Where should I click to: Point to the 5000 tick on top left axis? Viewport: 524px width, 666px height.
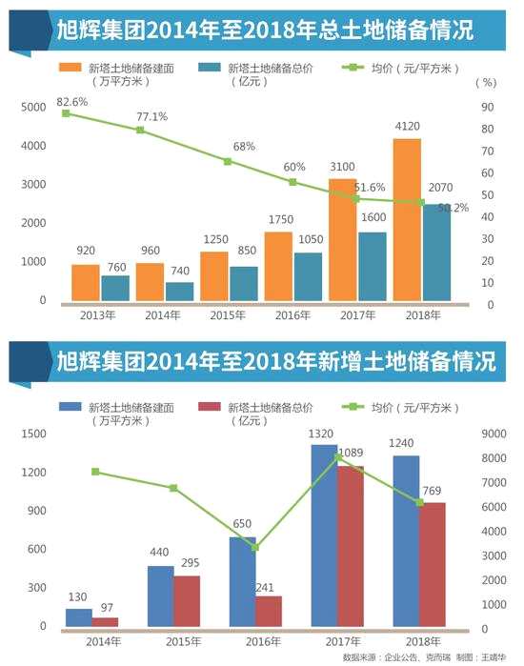pos(32,107)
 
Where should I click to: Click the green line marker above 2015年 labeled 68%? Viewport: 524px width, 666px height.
pos(228,162)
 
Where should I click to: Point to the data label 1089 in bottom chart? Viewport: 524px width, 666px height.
pos(353,452)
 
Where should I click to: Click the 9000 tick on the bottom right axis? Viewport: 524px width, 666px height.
pos(493,434)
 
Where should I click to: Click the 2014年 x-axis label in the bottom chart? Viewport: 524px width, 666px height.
pos(104,640)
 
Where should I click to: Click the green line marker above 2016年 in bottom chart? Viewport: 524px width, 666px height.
pos(254,547)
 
